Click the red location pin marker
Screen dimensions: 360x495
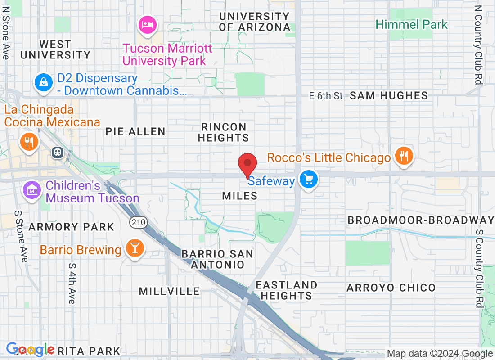click(247, 165)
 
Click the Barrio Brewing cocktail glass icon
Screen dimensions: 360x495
click(134, 247)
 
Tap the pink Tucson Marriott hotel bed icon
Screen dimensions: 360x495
click(147, 24)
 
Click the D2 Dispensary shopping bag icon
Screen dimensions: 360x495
click(44, 82)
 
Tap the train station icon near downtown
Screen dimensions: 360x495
click(58, 153)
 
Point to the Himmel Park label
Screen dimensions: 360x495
click(412, 24)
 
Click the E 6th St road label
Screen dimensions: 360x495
click(326, 95)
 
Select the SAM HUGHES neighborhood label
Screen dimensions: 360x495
click(389, 95)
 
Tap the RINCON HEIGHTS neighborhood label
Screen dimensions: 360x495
click(224, 132)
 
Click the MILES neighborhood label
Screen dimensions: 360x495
click(240, 196)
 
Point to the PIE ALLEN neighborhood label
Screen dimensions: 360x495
click(135, 131)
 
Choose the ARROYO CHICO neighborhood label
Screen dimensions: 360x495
click(391, 288)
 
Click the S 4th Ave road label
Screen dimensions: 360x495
click(72, 283)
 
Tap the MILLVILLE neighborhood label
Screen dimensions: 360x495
click(169, 291)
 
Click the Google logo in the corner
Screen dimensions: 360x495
click(30, 349)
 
